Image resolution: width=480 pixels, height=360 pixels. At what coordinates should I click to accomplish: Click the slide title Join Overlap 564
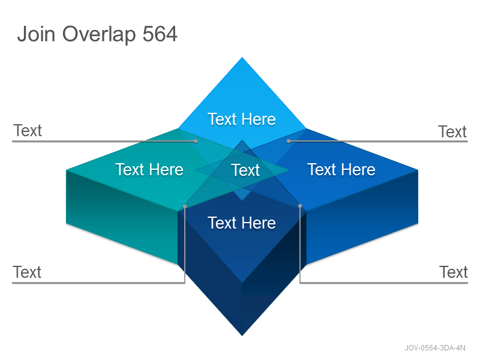[x=97, y=34]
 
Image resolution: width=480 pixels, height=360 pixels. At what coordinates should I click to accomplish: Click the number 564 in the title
[x=160, y=34]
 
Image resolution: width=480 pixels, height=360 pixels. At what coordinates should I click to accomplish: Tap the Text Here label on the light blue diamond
[x=242, y=119]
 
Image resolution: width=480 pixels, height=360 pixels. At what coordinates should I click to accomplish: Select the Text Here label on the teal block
[x=149, y=170]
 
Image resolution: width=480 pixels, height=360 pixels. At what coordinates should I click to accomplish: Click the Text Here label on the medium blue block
[x=341, y=170]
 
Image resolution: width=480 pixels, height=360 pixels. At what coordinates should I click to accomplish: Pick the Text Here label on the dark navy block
[x=242, y=223]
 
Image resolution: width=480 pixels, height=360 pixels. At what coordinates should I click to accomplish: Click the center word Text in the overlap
[x=245, y=170]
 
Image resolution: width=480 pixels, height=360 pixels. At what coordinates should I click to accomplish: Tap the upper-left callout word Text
[x=28, y=131]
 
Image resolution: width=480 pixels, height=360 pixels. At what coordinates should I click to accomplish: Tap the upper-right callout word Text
[x=452, y=132]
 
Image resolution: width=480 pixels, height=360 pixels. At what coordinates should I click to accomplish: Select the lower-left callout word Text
[x=27, y=272]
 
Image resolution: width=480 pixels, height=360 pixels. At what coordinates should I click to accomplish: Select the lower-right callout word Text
[x=454, y=272]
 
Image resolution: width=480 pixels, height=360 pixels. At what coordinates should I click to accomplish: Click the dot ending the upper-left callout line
[x=196, y=141]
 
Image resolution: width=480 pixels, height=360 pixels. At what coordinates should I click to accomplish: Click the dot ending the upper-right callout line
[x=289, y=141]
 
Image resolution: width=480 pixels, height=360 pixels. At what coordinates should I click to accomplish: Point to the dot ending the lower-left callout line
[x=185, y=206]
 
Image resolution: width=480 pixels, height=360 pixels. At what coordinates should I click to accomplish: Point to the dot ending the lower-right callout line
[x=300, y=206]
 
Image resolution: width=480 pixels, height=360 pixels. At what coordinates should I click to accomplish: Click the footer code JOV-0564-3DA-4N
[x=435, y=348]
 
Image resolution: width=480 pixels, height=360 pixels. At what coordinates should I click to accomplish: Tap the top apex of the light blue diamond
[x=242, y=57]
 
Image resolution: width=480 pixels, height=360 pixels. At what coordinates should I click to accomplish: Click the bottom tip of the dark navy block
[x=242, y=336]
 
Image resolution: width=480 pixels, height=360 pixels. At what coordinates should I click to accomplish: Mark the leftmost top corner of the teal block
[x=67, y=170]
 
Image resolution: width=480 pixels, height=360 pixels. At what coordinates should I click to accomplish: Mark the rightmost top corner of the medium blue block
[x=418, y=170]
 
